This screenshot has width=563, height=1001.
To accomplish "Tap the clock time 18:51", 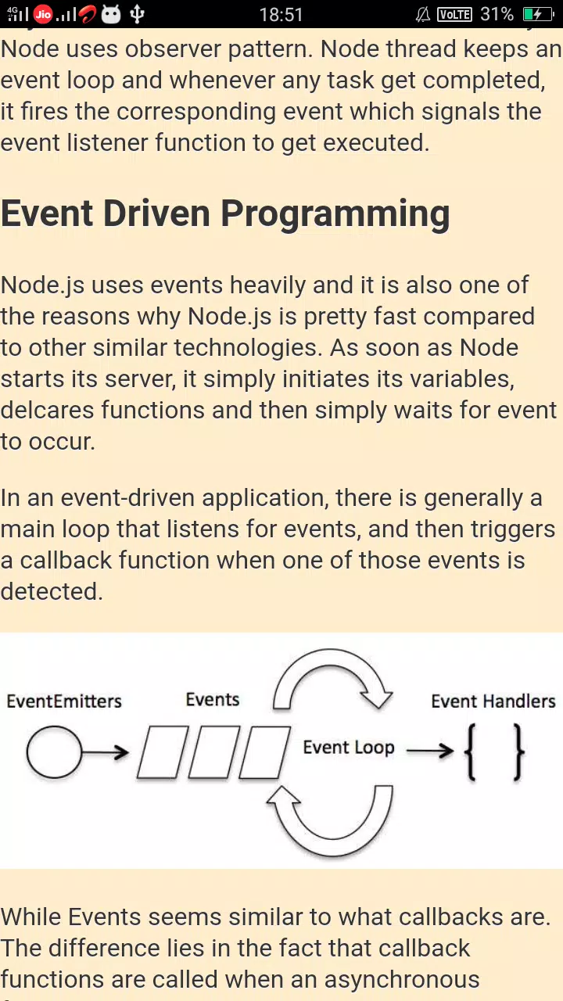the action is coord(281,15).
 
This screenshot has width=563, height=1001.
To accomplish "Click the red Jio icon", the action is coord(43,14).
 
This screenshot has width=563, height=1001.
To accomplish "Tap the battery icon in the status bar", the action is coord(539,14).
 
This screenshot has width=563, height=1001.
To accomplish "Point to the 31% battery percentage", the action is coord(497,14).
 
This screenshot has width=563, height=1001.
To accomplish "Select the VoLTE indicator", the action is coord(454,15).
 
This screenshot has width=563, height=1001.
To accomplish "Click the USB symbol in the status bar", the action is coord(137,14).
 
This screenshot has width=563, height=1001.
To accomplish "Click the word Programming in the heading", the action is coord(335,214).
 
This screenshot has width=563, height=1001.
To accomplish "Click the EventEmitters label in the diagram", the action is coord(64,701).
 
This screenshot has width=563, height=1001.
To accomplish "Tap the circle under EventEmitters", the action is coord(54,752).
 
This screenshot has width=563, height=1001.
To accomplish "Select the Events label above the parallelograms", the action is coord(212,699).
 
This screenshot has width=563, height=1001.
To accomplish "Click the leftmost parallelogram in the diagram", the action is coord(163,752).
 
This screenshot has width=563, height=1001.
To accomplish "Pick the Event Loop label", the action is coord(349,748).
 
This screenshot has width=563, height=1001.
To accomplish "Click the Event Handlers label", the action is coord(493,701).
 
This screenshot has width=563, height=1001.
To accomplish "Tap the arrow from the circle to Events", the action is coord(106,752).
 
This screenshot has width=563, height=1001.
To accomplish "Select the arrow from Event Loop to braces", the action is coord(430,750).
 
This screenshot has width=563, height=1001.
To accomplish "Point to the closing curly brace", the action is coord(518,752).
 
